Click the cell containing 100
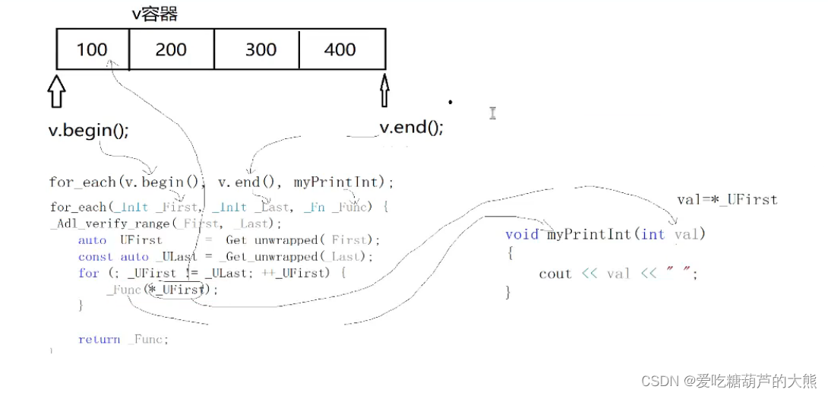[x=92, y=50]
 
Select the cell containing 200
[x=171, y=50]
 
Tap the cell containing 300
[x=261, y=50]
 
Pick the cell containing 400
[x=340, y=50]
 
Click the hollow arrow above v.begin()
[x=57, y=90]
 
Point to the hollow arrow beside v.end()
[x=384, y=90]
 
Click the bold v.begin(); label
[x=89, y=130]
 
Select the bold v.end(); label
[x=411, y=127]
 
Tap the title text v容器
[x=156, y=14]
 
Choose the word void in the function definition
[x=522, y=234]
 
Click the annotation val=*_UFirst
[x=727, y=200]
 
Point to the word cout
[x=555, y=274]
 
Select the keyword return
[x=99, y=340]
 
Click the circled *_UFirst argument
[x=179, y=290]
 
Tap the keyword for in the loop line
[x=88, y=273]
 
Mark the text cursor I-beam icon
[x=492, y=113]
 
